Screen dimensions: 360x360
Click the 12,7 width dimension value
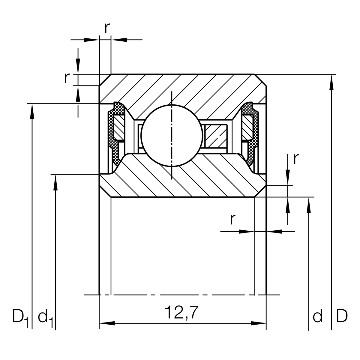point(181,313)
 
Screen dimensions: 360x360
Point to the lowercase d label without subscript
point(317,316)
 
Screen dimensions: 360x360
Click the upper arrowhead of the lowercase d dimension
point(308,205)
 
